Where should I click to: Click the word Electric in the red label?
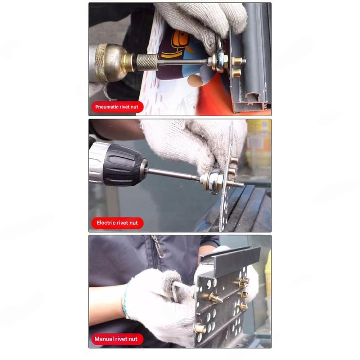(x=106, y=223)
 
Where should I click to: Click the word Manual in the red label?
(x=103, y=339)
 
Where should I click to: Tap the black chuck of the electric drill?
(x=124, y=165)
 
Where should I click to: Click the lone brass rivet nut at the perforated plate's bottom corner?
(x=200, y=329)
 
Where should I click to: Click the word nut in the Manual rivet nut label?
(x=133, y=339)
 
